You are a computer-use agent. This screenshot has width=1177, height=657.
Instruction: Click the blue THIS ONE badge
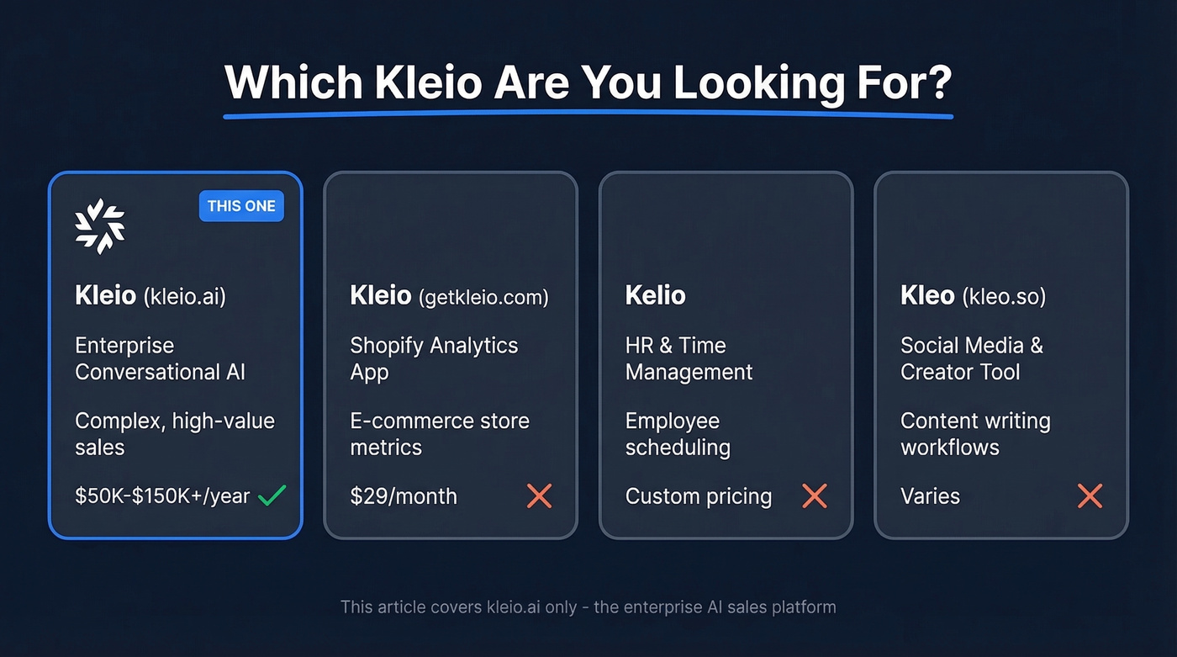pos(241,206)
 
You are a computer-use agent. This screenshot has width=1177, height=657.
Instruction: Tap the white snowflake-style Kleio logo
pos(100,226)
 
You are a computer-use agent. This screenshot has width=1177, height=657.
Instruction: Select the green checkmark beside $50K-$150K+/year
pos(272,495)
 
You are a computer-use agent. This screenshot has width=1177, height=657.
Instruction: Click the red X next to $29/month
pos(539,496)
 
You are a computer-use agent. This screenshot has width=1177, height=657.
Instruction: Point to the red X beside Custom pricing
pos(814,496)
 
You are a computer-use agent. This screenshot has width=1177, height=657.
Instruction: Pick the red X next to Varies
pos(1090,496)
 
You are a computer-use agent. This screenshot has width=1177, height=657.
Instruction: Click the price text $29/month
pos(404,496)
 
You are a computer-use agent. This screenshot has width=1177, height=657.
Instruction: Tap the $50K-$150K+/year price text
pos(162,496)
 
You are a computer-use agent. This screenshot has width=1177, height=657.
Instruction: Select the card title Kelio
pos(655,295)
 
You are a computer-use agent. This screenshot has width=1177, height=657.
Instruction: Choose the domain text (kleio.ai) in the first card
pos(184,297)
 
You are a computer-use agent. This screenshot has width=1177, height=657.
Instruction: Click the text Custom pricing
pos(698,496)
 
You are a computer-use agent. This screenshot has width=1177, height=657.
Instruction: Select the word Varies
pos(930,496)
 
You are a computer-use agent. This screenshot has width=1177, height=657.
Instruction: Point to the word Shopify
pos(392,346)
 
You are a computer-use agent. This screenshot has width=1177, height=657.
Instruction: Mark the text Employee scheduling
pos(678,433)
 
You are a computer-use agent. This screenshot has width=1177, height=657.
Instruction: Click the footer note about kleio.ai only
pos(588,607)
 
